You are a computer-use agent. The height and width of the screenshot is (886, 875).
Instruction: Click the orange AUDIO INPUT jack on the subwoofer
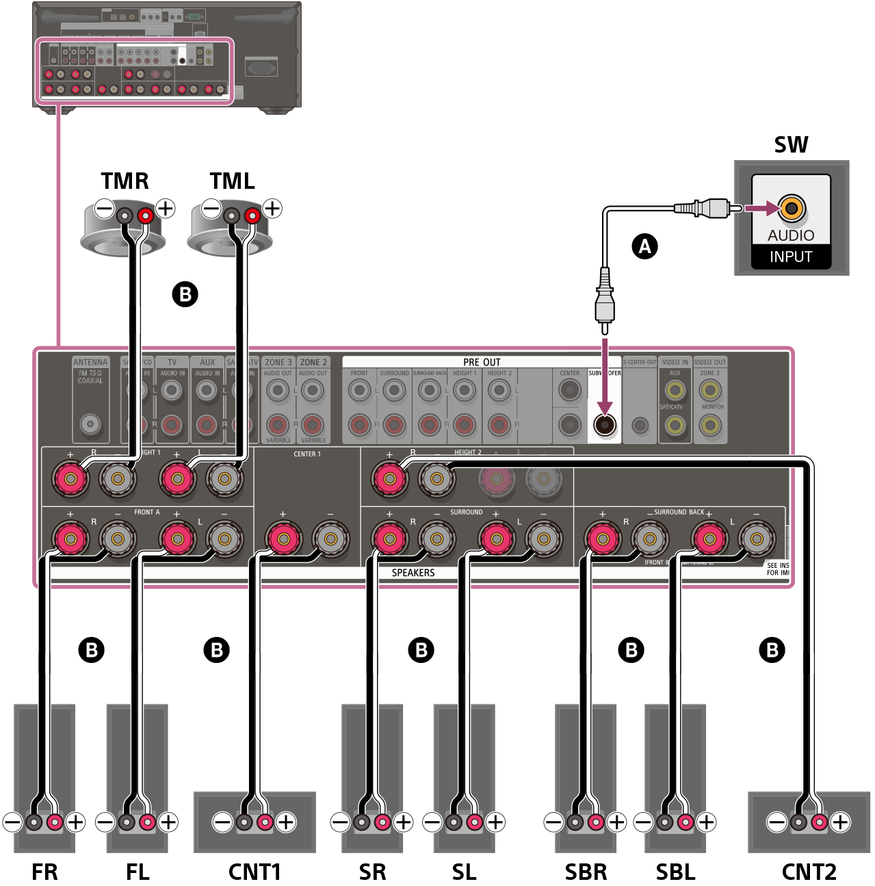[x=792, y=208]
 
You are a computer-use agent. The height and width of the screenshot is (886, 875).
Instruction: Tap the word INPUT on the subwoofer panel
[x=791, y=257]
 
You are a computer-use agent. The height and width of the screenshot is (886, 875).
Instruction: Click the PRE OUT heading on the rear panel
[x=482, y=362]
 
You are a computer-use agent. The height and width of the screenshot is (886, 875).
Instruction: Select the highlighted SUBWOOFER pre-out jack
[x=605, y=425]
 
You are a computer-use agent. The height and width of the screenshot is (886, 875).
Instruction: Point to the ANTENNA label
[x=90, y=363]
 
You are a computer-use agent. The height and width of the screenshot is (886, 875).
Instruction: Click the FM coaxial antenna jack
[x=90, y=424]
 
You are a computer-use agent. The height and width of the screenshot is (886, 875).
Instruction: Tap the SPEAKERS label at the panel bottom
[x=413, y=573]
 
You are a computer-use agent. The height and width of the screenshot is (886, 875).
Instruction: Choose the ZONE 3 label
[x=278, y=363]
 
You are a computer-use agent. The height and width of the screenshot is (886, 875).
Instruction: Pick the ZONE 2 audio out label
[x=313, y=363]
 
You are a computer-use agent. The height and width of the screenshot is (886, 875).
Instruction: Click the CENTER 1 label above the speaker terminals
[x=307, y=454]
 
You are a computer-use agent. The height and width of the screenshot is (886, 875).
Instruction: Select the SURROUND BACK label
[x=679, y=512]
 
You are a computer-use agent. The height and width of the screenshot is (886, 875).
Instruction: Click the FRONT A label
[x=147, y=512]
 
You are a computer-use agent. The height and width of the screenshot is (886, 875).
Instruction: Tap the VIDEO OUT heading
[x=710, y=363]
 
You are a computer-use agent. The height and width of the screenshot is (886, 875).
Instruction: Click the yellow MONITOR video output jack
[x=710, y=426]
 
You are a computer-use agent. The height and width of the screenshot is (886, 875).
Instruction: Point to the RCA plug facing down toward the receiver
[x=605, y=301]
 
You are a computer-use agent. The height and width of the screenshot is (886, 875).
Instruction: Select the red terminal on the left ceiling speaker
[x=145, y=216]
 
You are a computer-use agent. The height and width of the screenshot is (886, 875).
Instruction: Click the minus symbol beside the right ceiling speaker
[x=211, y=208]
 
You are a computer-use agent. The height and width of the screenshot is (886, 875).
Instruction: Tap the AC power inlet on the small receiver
[x=261, y=68]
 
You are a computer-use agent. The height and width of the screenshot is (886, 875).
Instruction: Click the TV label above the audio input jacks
[x=172, y=363]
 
